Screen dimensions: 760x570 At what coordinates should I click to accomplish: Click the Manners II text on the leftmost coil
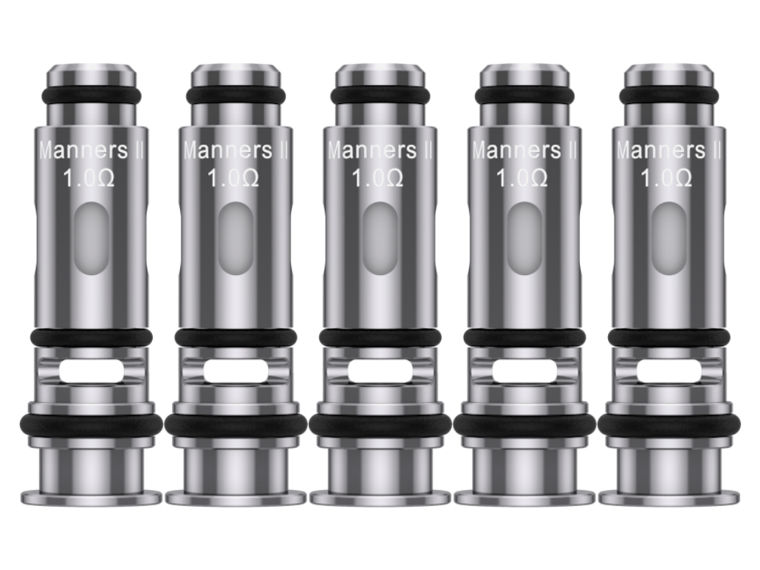(x=91, y=150)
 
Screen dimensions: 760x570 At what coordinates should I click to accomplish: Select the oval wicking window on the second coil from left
(x=235, y=238)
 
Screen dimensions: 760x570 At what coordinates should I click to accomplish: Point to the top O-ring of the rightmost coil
(x=669, y=95)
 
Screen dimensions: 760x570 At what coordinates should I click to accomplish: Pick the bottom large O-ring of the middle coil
(x=380, y=425)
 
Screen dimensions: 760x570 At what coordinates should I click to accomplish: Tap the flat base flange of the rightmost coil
(x=669, y=497)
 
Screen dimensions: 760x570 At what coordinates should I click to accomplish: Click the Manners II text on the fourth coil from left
(x=525, y=150)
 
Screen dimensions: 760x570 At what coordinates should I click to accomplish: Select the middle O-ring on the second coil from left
(x=235, y=337)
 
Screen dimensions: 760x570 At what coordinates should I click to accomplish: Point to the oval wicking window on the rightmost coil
(x=668, y=238)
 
